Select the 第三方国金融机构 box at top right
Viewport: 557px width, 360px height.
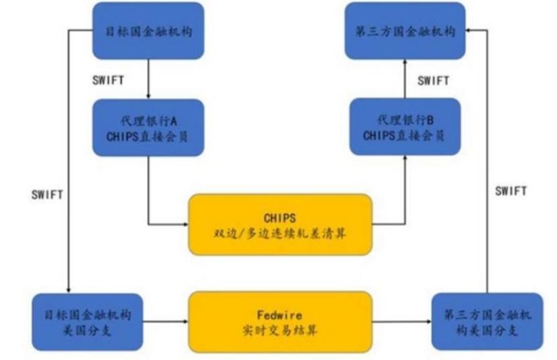pyautogui.click(x=405, y=30)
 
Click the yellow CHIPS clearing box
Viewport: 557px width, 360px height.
pyautogui.click(x=280, y=224)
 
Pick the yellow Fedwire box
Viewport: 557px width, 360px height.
pyautogui.click(x=280, y=321)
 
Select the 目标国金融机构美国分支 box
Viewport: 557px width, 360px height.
pyautogui.click(x=87, y=321)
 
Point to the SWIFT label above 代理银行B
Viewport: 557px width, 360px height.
pyautogui.click(x=434, y=81)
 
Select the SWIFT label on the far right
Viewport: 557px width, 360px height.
pyautogui.click(x=511, y=191)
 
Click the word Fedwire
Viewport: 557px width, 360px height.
pyautogui.click(x=280, y=314)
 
